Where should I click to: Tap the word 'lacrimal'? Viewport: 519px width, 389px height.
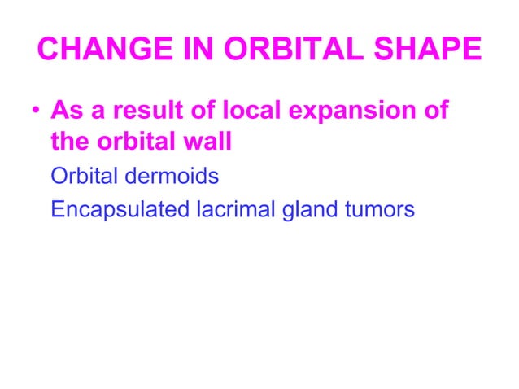pyautogui.click(x=236, y=209)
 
